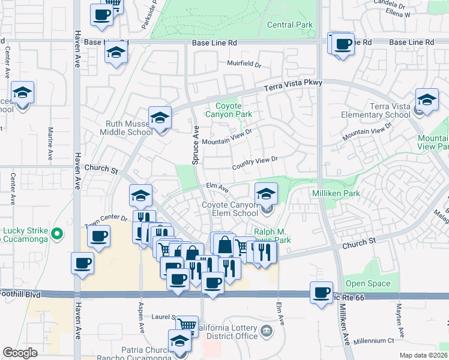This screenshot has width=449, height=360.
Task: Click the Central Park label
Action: coord(290,25)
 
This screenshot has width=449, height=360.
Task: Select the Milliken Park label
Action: coord(336,194)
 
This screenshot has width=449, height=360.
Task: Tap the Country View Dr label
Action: coord(256,160)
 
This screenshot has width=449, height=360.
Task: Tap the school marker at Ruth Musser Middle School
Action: coord(160,118)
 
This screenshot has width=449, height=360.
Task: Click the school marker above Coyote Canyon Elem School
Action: coord(266,194)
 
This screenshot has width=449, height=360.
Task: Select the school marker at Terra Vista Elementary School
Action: coord(427,100)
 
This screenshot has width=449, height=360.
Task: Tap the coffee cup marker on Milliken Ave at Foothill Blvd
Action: coord(322,292)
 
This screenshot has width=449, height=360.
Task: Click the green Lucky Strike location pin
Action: coord(57,233)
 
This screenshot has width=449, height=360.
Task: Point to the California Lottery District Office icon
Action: coord(265,329)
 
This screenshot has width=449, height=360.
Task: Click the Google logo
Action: coord(20,353)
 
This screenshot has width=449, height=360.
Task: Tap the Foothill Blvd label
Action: coord(18,294)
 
